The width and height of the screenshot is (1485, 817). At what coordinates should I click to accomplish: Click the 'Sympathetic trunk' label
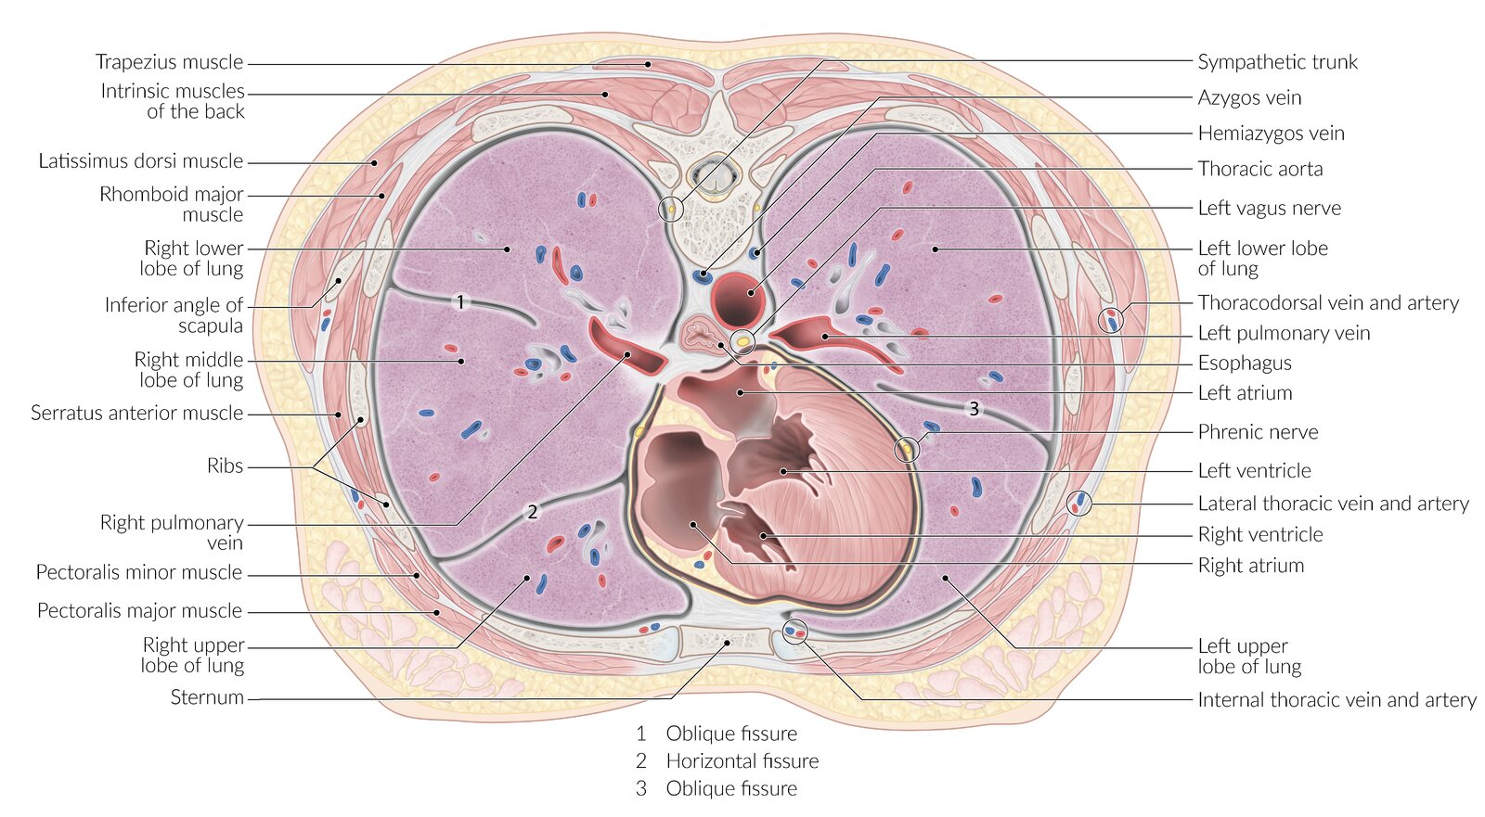coord(1277,62)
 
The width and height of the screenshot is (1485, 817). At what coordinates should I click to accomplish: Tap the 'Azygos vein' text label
coord(1249,97)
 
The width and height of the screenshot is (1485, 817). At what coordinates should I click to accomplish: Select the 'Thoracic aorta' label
coord(1259,169)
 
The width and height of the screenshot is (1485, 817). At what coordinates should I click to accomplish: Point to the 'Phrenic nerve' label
coord(1258,432)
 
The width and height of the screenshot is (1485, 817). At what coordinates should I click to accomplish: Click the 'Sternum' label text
coord(207,697)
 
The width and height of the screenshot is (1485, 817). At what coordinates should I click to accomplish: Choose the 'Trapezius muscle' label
coord(169,62)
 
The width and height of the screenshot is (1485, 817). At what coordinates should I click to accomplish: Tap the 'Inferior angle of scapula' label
coord(174,315)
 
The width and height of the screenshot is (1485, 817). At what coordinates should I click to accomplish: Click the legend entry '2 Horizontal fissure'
coord(728,761)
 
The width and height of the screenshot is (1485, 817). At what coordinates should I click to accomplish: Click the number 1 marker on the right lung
coord(459,301)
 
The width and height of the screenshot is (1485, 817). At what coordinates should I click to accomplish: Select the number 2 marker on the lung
coord(532,511)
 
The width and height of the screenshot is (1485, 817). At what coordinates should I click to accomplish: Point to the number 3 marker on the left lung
coord(974,408)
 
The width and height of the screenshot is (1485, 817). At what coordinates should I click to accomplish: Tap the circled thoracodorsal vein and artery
coord(1111,321)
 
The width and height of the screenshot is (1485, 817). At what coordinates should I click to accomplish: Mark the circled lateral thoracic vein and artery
coord(1079,504)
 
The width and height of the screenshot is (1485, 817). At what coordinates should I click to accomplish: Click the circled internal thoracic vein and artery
coord(795,632)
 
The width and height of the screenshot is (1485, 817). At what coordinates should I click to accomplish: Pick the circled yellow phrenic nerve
coord(907,450)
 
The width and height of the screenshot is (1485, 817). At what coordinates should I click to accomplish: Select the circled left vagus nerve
coord(742,342)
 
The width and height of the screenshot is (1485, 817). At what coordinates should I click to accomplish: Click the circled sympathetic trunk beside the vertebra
coord(670,210)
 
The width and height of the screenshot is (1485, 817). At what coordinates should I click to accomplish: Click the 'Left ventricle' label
coord(1254,471)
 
